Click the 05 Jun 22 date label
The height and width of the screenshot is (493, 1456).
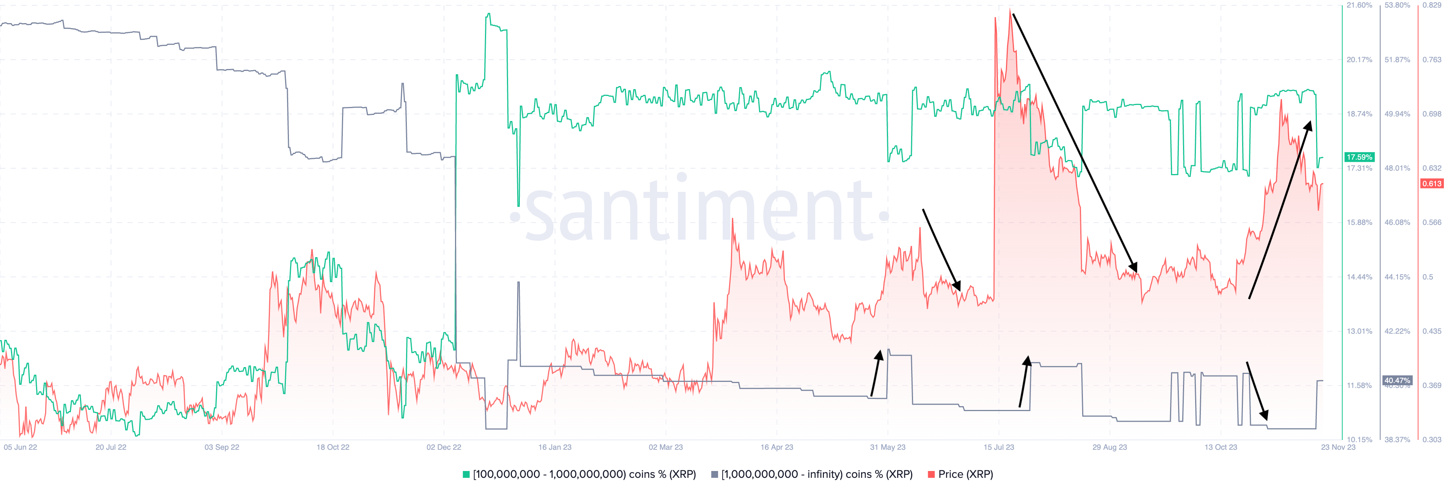pos(20,447)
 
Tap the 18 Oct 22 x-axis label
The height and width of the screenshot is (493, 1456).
pos(333,447)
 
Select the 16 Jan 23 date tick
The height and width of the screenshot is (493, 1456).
pos(554,447)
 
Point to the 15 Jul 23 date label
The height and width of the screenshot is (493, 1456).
pos(999,447)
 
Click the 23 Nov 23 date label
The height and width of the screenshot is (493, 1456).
pos(1338,447)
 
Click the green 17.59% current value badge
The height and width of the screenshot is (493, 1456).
pos(1359,157)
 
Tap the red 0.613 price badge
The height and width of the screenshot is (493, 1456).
pos(1432,184)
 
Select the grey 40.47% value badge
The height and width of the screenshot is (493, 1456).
pos(1397,380)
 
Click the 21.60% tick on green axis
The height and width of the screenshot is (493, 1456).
pos(1359,5)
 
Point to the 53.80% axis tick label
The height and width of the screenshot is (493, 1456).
pos(1397,5)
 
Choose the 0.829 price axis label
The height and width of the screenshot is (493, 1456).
pos(1432,5)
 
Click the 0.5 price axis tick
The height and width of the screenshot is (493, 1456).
pos(1428,277)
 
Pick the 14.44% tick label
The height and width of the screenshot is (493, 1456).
pos(1359,277)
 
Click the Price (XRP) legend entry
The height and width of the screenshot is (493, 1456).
pos(960,474)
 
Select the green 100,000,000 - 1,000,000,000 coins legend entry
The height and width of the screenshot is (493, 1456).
pos(579,474)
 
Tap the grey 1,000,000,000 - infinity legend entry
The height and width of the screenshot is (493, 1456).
pos(812,474)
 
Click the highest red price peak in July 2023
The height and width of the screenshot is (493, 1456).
pos(1010,9)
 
